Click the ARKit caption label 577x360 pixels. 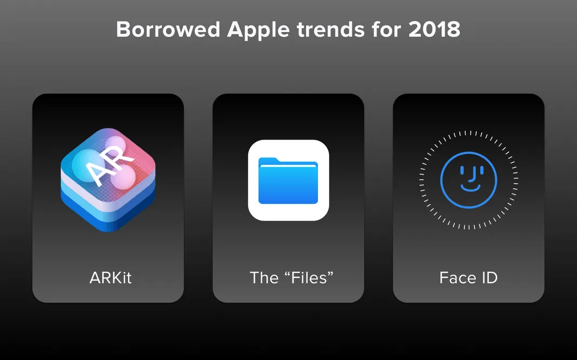[x=110, y=278]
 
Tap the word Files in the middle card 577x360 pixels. [x=308, y=278]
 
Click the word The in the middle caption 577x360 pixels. [x=264, y=278]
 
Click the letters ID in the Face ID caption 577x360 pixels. [x=488, y=278]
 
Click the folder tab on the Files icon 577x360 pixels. [x=269, y=159]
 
